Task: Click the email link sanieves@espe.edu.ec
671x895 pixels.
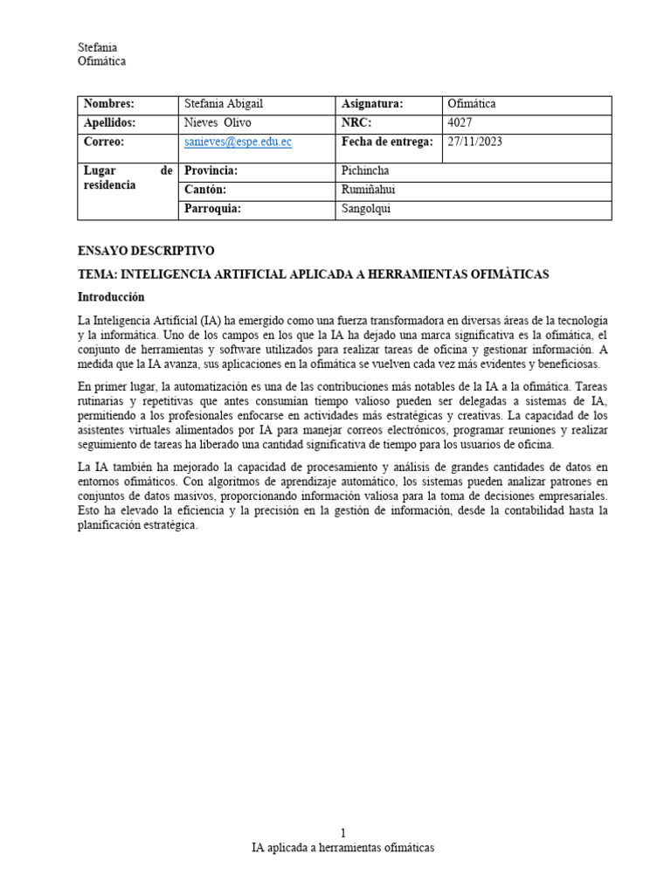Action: [238, 142]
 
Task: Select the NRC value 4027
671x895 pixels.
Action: [460, 123]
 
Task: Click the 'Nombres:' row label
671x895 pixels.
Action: [108, 104]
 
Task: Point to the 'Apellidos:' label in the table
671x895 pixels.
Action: [109, 123]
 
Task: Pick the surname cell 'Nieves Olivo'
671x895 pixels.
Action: [218, 123]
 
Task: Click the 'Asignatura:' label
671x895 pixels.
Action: [372, 104]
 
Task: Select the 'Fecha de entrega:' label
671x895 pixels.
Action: [387, 142]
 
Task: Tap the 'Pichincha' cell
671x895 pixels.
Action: [365, 170]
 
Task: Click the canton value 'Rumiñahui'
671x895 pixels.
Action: [368, 190]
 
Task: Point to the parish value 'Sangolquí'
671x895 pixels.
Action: [367, 209]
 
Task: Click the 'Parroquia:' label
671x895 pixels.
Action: [211, 209]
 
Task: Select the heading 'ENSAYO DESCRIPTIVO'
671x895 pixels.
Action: [146, 251]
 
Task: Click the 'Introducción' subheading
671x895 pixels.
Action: [111, 297]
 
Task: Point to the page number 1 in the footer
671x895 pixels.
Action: [342, 834]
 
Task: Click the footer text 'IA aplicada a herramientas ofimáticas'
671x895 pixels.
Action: [342, 848]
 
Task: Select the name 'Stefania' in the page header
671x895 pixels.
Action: [97, 47]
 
